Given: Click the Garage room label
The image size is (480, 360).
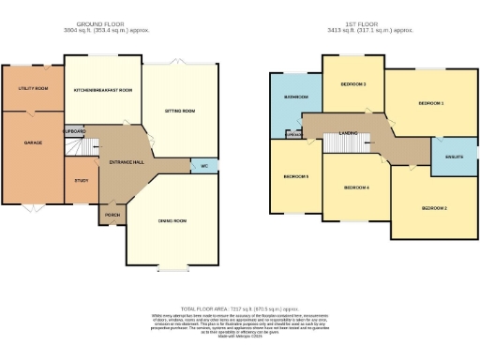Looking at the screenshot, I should pos(33,142).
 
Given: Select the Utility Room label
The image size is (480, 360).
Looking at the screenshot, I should pos(34,89).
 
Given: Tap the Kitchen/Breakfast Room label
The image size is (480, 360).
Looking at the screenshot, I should pos(102,90).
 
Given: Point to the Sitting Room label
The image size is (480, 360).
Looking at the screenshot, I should pos(180,111).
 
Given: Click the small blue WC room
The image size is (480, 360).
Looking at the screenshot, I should pos(203,166).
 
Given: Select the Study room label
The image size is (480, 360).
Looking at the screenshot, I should pos(81,180).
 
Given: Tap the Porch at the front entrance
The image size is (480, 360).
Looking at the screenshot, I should pos(112,215).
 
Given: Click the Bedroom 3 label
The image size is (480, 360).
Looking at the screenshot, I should pos(352,84).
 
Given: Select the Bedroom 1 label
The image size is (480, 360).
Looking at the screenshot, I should pos(430,102).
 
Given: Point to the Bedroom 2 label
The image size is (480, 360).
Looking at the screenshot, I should pos(433,206).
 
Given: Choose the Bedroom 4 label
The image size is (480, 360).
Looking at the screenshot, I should pos(355,187).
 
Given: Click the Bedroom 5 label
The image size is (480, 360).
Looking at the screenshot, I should pos(296,175).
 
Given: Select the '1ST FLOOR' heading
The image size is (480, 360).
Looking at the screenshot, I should pos(366,23).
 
